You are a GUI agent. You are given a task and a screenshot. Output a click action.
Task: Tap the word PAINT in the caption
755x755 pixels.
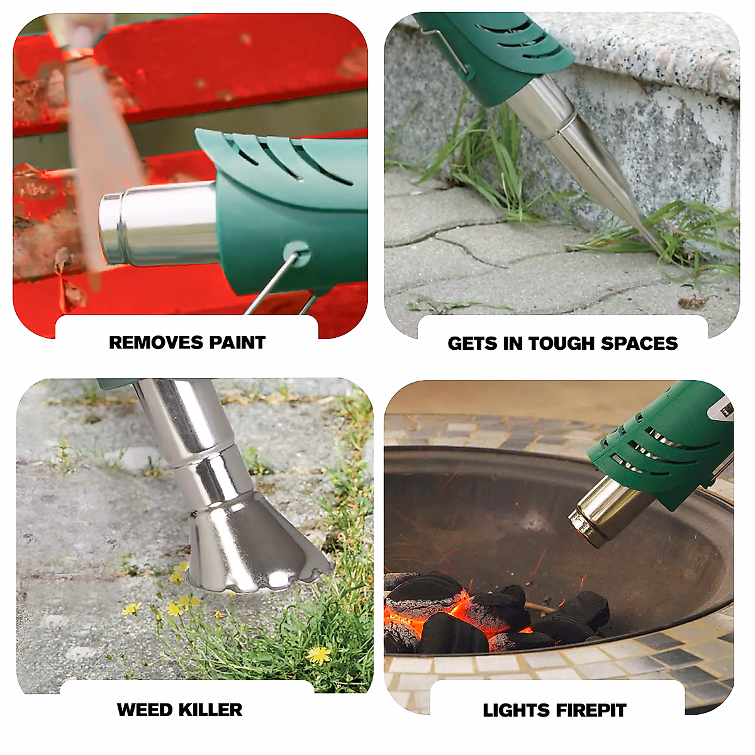pyautogui.click(x=237, y=343)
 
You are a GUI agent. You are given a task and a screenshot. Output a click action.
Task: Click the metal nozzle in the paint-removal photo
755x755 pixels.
pyautogui.click(x=157, y=223)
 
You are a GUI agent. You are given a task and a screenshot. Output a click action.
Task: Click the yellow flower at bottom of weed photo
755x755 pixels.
pyautogui.click(x=319, y=654)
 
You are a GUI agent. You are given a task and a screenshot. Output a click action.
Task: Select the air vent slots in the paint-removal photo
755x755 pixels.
pyautogui.click(x=283, y=157)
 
